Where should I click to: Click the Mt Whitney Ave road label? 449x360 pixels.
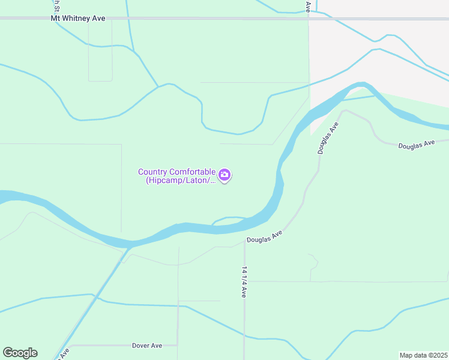(78, 19)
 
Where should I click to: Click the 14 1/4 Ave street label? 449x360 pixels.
(244, 281)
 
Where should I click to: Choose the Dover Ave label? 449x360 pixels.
(147, 346)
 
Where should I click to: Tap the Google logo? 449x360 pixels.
(20, 353)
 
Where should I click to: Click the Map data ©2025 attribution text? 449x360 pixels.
(423, 355)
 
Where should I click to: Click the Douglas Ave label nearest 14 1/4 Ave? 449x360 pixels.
(264, 236)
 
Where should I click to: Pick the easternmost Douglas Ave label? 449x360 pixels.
(416, 145)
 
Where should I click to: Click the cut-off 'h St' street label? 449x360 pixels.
(56, 6)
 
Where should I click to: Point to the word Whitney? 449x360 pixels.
(77, 19)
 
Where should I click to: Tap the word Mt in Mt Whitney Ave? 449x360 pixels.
(56, 19)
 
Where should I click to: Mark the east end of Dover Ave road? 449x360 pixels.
(178, 345)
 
